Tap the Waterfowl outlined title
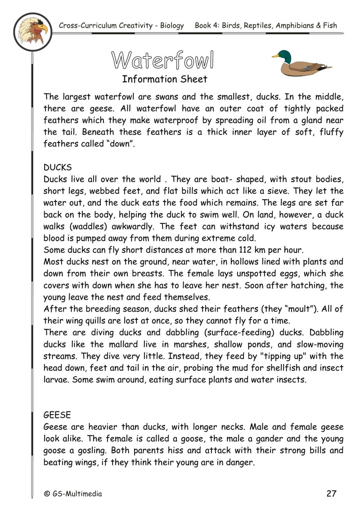(162, 60)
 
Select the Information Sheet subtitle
(164, 80)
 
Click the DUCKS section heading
(58, 168)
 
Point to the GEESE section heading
(58, 414)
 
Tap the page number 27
(331, 494)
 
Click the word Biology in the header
(171, 26)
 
